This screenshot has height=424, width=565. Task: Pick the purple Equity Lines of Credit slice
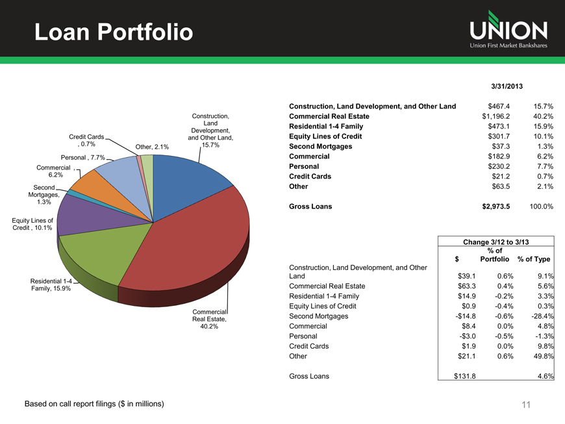click(91, 214)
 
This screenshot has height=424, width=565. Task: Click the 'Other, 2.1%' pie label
click(152, 147)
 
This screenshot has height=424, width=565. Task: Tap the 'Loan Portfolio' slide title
click(113, 31)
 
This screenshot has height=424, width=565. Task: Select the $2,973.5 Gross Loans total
click(495, 206)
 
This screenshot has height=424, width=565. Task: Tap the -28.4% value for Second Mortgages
click(540, 316)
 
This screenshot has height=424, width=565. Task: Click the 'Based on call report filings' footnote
click(94, 404)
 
